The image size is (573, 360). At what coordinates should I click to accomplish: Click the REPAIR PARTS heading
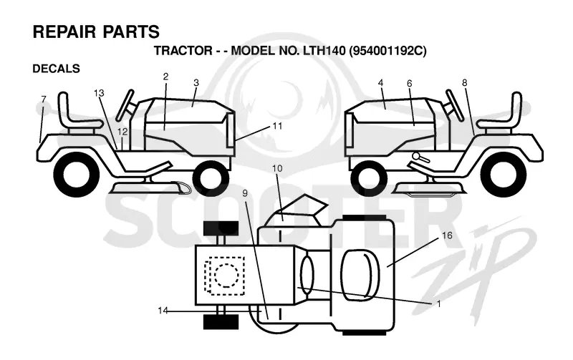pos(96,31)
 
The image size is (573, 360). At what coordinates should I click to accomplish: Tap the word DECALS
pos(57,69)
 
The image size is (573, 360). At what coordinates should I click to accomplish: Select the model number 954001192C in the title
pos(388,50)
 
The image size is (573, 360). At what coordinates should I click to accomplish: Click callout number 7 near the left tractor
pos(44,99)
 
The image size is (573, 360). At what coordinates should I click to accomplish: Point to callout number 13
pos(99,93)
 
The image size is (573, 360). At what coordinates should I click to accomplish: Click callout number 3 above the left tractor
pos(196,82)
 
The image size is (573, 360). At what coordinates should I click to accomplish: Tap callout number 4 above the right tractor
pos(381,83)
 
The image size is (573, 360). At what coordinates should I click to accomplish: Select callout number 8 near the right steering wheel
pos(464,83)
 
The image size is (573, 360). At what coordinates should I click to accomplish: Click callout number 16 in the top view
pos(447,235)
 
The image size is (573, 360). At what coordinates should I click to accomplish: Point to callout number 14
pos(163,311)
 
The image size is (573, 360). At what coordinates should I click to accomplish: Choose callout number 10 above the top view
pos(277,168)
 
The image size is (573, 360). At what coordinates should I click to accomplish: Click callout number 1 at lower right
pos(439,303)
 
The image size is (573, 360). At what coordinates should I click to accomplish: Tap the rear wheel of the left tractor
pos(77,173)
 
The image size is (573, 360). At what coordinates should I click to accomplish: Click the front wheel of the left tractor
pos(211,177)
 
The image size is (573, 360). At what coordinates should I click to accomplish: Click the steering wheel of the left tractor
pos(125,105)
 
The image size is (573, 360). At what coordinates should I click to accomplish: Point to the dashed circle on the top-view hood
pos(226,275)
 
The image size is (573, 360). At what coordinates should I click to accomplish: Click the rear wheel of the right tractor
pos(504,174)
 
